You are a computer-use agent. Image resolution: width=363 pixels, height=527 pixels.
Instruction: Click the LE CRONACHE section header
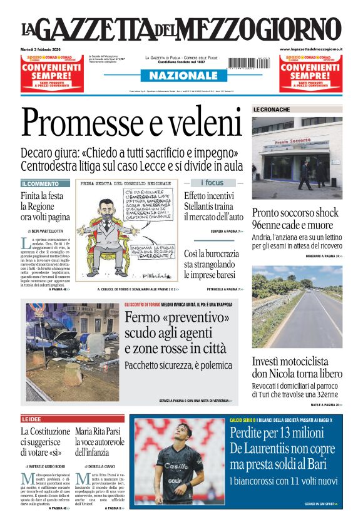272,110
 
